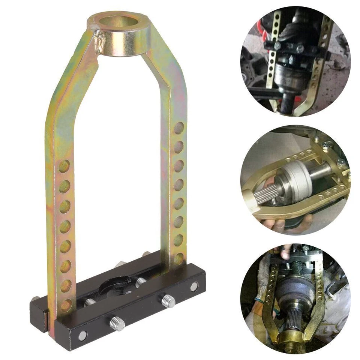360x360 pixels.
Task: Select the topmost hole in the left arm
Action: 64,165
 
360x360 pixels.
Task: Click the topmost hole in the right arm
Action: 179,127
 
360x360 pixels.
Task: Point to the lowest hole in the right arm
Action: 179,258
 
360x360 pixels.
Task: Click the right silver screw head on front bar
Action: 194,287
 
